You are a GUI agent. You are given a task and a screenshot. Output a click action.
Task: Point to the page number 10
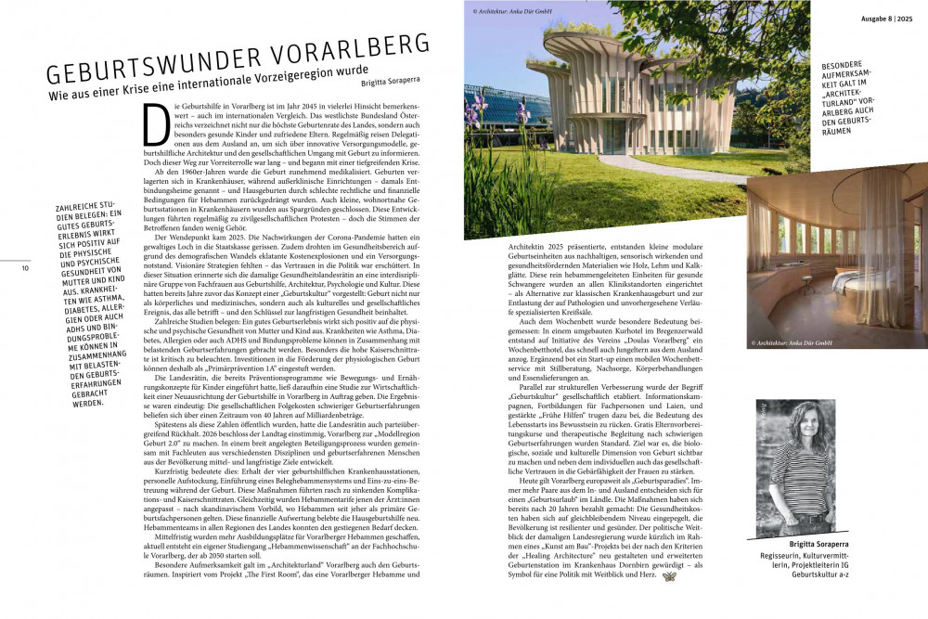[x=26, y=268]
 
